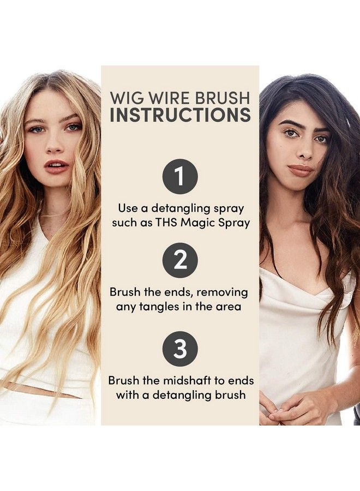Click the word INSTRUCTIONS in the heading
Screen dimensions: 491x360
tap(180, 115)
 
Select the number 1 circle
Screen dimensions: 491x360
tap(179, 176)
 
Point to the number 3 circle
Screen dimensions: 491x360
tap(179, 348)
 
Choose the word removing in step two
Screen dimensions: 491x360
tap(225, 292)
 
